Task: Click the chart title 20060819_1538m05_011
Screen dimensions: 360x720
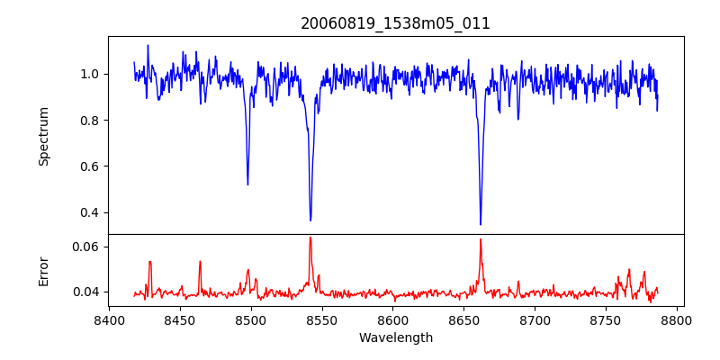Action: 395,23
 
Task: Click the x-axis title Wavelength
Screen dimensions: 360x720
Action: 395,337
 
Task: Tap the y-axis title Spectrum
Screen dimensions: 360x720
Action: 43,136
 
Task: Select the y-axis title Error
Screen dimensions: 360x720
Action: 43,270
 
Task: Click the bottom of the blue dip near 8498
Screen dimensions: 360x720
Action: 247,184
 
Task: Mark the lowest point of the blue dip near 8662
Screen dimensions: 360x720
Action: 481,224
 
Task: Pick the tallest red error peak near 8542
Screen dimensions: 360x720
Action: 310,238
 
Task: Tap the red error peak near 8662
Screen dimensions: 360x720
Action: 481,239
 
